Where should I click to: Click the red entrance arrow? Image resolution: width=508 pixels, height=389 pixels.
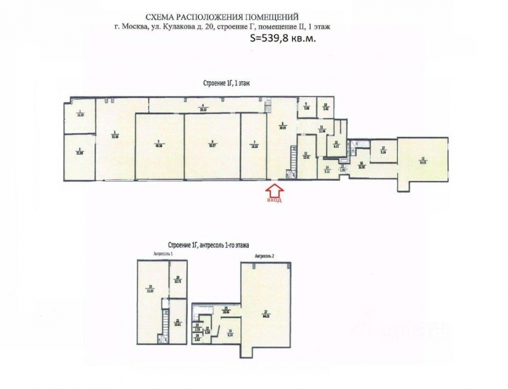pyautogui.click(x=273, y=190)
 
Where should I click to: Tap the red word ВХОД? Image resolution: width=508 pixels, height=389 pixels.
pyautogui.click(x=274, y=201)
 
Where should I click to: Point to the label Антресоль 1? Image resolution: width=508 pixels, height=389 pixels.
pyautogui.click(x=164, y=253)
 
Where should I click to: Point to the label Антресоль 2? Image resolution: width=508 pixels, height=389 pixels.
pyautogui.click(x=265, y=256)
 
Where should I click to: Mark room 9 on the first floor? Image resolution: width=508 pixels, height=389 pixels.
pyautogui.click(x=306, y=105)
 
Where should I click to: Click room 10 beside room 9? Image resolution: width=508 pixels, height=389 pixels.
pyautogui.click(x=325, y=105)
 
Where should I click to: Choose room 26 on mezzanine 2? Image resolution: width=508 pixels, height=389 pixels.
pyautogui.click(x=230, y=332)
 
